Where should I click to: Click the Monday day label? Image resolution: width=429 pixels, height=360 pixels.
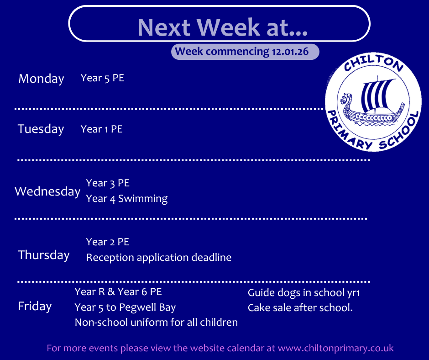[x=41, y=79]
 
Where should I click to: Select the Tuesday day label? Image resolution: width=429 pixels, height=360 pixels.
[x=41, y=129]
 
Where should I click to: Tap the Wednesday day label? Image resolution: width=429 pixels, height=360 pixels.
[x=47, y=191]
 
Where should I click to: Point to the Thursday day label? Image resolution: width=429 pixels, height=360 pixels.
[x=44, y=255]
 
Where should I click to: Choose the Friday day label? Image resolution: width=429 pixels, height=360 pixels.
[x=35, y=306]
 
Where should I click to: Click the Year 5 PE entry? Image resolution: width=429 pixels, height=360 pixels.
[x=102, y=78]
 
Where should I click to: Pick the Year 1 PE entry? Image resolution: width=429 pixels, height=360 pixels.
[x=101, y=129]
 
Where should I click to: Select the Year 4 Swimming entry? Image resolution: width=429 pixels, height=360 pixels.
[x=127, y=199]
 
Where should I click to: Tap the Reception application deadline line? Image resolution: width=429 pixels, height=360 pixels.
[x=159, y=258]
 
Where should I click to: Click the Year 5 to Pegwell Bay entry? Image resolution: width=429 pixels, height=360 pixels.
[x=125, y=307]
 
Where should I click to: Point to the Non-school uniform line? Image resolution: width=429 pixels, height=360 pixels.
[x=156, y=322]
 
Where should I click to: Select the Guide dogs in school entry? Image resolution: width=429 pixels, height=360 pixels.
[x=303, y=293]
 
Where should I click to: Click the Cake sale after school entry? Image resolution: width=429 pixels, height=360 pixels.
[x=300, y=307]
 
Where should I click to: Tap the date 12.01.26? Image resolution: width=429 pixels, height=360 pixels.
[x=290, y=52]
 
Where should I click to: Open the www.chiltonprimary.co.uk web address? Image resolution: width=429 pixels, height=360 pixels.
[x=336, y=348]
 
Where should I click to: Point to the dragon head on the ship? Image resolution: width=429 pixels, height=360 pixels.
[x=346, y=99]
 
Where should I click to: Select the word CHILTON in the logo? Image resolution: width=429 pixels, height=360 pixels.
[x=373, y=63]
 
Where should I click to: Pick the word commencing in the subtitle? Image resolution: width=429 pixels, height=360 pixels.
[x=237, y=52]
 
